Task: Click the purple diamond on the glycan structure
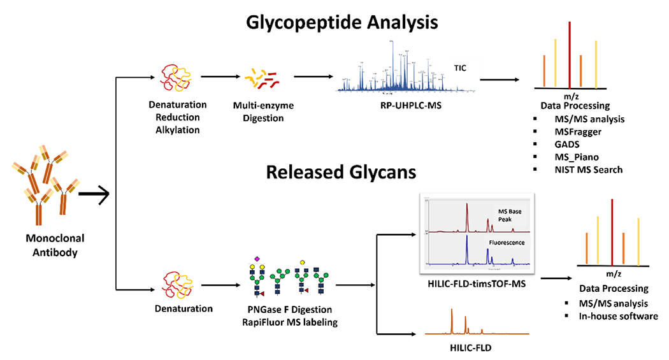[x=257, y=259]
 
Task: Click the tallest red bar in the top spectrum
[x=569, y=54]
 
